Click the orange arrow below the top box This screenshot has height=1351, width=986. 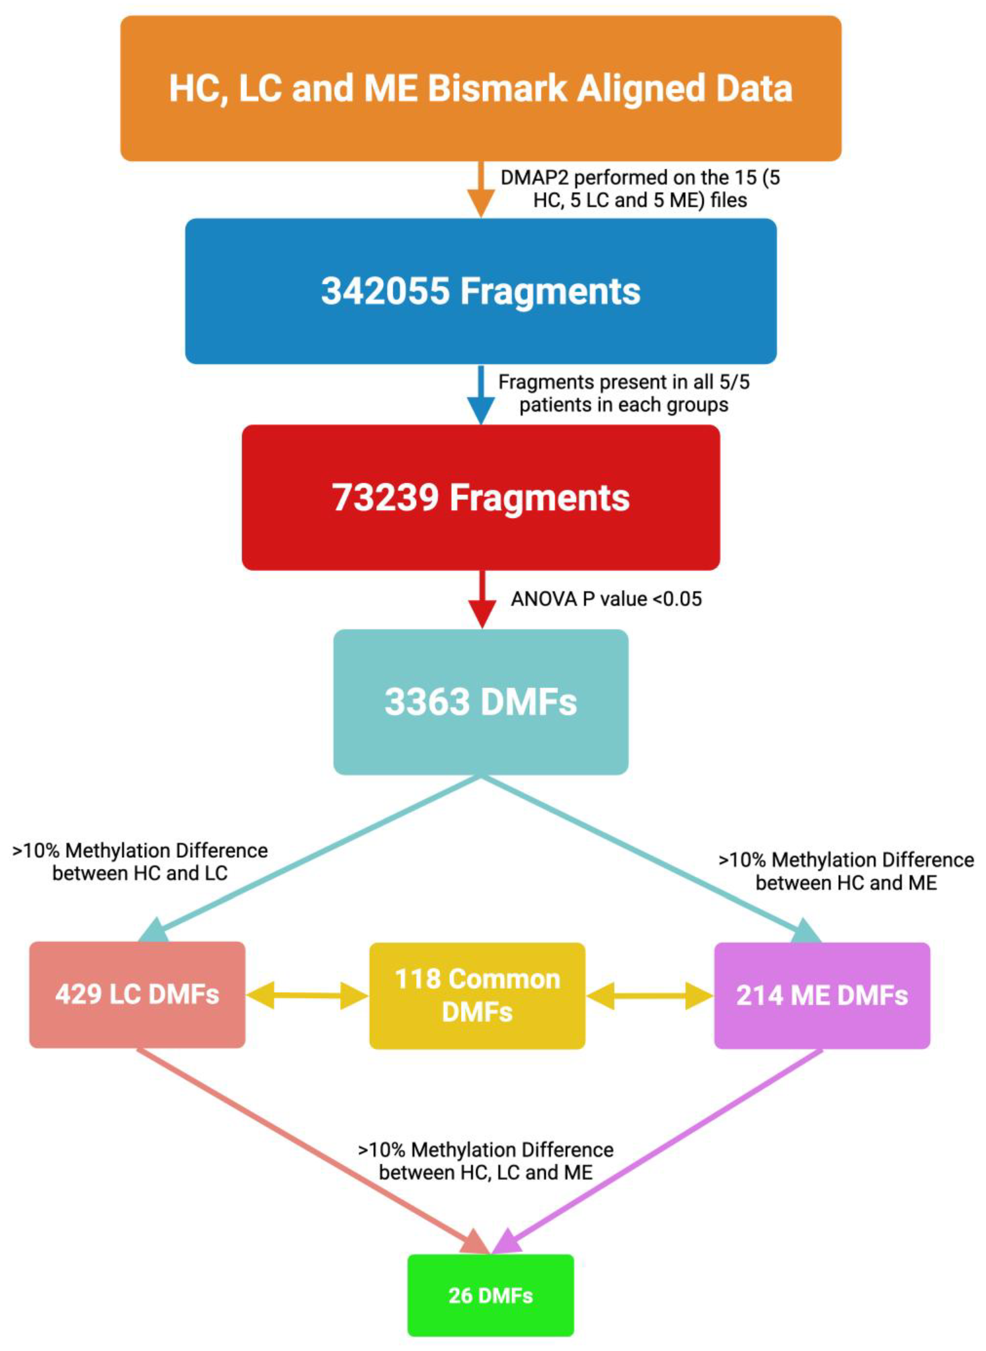[481, 191]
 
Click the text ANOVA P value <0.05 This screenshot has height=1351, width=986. [606, 599]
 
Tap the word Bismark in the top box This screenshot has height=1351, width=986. [497, 88]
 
